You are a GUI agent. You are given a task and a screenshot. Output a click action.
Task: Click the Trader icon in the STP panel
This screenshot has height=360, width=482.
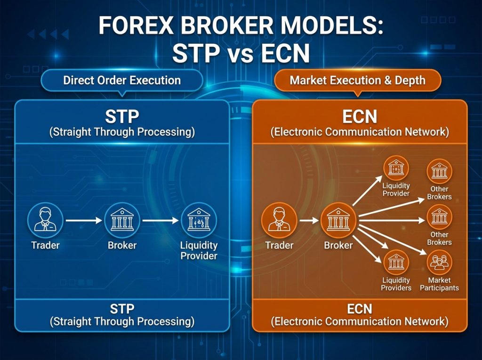point(45,220)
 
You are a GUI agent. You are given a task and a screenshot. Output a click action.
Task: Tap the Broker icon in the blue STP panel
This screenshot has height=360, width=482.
point(122,220)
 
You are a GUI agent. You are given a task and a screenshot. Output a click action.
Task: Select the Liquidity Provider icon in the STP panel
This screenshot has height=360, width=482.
point(199,220)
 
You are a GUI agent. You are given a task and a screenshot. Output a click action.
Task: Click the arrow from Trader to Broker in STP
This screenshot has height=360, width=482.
point(84,220)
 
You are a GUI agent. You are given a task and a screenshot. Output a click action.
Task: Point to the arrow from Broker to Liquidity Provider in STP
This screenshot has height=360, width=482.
point(161,220)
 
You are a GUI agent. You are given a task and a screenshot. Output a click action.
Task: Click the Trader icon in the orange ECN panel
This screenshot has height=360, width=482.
point(279,220)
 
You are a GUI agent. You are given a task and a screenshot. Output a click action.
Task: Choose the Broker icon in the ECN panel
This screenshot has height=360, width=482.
point(338,220)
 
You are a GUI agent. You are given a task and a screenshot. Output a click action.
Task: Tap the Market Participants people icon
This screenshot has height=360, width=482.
point(439,263)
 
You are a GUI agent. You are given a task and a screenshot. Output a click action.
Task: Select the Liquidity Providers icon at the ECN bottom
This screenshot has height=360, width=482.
point(396,263)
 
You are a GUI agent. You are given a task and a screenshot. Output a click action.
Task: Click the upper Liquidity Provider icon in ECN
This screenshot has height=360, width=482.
point(396,168)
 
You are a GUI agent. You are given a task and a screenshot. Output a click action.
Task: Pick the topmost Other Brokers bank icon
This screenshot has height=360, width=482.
point(439,171)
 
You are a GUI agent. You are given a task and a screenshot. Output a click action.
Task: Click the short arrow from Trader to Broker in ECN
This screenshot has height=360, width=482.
point(309,220)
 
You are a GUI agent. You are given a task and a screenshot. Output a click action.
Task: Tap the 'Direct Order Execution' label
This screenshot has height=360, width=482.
point(122,80)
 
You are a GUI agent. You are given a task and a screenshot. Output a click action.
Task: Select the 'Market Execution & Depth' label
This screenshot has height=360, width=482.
point(358,80)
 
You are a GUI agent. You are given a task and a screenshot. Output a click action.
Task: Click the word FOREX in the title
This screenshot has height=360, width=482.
point(136,25)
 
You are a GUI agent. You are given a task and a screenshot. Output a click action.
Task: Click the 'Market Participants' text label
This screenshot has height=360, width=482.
point(439,284)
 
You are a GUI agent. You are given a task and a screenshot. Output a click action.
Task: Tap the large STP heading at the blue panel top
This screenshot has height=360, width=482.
point(122,117)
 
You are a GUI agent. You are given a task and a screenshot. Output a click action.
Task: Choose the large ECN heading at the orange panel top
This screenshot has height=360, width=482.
point(360,117)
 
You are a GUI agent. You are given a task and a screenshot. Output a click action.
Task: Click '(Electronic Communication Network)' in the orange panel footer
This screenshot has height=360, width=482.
point(360,321)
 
